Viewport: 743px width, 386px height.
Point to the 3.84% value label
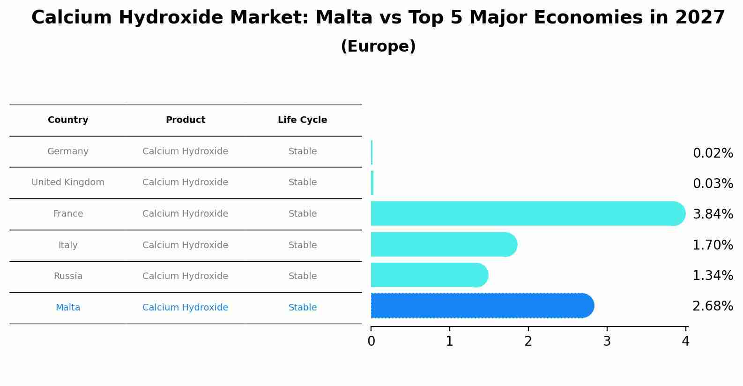coord(713,214)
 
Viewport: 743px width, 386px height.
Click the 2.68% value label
coord(713,306)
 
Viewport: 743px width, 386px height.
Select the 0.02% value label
coord(713,153)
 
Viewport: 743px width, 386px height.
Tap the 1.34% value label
coord(713,276)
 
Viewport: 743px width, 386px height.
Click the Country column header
coord(68,120)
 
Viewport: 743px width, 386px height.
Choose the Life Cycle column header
coord(302,120)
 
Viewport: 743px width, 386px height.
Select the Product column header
coord(186,120)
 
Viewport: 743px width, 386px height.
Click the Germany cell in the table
coord(68,151)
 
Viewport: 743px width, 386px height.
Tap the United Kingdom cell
coord(68,182)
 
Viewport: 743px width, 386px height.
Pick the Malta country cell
coord(68,308)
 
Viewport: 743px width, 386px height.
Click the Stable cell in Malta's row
coord(303,308)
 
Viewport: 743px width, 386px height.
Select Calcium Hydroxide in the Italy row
coord(186,245)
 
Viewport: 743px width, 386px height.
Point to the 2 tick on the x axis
coord(528,341)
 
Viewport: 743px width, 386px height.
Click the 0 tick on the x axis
coord(371,341)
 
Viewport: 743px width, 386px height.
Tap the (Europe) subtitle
coord(378,46)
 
